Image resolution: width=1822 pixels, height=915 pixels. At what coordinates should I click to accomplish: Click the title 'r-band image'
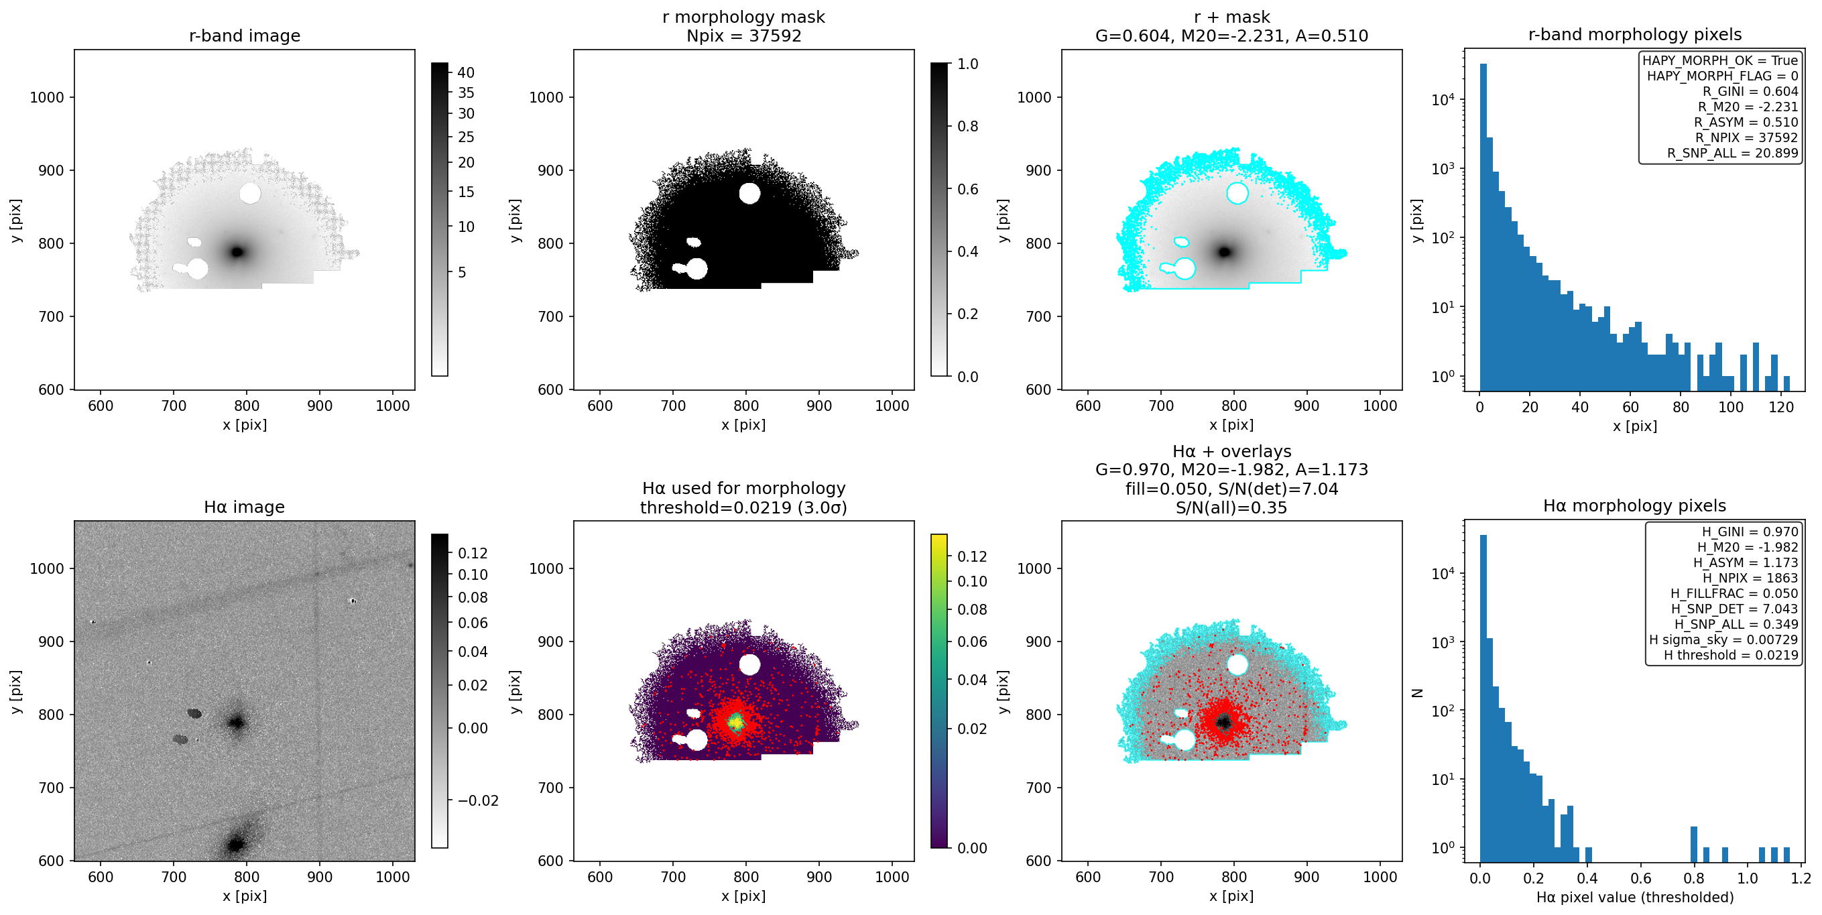[245, 36]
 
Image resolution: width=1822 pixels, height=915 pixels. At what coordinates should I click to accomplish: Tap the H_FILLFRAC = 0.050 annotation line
[1734, 593]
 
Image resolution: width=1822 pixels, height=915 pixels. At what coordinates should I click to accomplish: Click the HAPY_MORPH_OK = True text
[1720, 61]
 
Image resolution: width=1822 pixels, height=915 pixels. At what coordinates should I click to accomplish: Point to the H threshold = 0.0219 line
[1731, 655]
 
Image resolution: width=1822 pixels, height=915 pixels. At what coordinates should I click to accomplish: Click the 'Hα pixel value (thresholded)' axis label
[1634, 898]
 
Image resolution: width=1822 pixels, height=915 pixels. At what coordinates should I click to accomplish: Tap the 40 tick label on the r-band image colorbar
[466, 72]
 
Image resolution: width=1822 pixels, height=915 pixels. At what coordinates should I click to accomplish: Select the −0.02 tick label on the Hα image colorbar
[478, 800]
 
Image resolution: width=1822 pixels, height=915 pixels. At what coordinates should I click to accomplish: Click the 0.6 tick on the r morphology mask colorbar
[967, 189]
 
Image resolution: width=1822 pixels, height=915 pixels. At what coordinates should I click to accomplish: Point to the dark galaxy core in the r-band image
[238, 252]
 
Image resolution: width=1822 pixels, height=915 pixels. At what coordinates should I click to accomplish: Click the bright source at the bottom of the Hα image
[235, 845]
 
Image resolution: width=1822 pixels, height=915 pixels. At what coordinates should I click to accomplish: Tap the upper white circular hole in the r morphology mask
[749, 193]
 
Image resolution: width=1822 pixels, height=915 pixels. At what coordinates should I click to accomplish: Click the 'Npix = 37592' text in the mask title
[744, 36]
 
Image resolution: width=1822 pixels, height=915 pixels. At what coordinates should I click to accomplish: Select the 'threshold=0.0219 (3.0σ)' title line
[744, 507]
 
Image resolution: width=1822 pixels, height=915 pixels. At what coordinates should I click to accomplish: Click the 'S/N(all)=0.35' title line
[1231, 507]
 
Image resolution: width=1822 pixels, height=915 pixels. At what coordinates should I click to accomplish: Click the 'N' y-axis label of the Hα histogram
[1416, 692]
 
